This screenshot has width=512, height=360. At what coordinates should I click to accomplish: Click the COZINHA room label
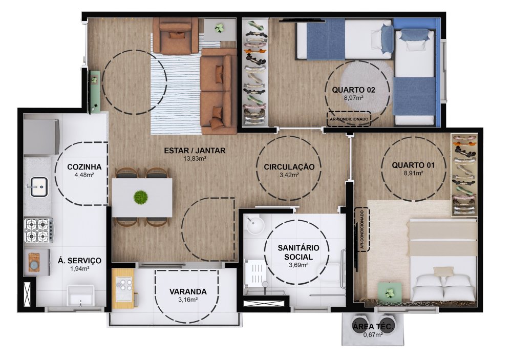point(84,167)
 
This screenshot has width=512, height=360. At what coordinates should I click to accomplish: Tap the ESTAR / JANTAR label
point(195,151)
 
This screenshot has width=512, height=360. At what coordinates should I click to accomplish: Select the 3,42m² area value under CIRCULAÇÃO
point(289,175)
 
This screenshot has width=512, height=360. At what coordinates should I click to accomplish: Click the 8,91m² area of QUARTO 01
point(413,173)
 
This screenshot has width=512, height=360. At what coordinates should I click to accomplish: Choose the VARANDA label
point(188,292)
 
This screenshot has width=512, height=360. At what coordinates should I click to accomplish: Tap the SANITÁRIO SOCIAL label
point(298,252)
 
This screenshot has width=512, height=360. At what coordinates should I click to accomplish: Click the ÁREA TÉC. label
point(374,326)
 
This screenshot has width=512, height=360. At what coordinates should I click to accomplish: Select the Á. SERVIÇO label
point(79,261)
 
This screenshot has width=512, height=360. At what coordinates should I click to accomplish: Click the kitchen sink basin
point(39,187)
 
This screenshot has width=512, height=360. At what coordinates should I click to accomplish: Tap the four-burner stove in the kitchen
point(38,230)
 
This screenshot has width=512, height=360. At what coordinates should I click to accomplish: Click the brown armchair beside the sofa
point(176,35)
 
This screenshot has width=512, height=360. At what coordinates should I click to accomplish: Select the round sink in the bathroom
point(255,225)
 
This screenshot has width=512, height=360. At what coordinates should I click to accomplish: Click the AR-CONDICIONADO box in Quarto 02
point(349,119)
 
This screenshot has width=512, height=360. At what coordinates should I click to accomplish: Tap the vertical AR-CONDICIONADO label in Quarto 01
point(362,229)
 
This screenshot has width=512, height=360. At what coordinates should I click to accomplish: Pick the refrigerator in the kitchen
point(41,137)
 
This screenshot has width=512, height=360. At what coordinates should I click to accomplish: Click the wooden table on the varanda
point(123,289)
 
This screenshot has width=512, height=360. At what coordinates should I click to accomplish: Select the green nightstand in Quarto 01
point(390,292)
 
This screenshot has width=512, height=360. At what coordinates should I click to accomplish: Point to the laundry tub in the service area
point(81,296)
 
